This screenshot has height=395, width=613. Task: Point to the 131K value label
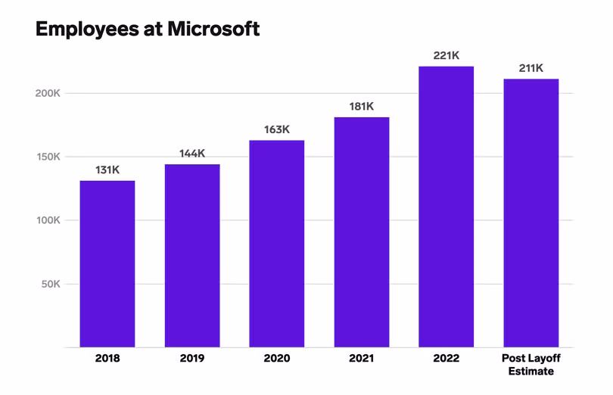pos(107,170)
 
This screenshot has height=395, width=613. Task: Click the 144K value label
pos(192,154)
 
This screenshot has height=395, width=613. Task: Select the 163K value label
pos(277,129)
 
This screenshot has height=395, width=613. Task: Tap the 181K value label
pos(362,107)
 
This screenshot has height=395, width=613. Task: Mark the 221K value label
pos(447,55)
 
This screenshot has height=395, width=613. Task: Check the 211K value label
pos(531,68)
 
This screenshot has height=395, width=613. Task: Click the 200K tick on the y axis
pos(46,93)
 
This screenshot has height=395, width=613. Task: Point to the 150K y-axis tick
pos(46,157)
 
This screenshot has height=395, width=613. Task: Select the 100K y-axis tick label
pos(46,220)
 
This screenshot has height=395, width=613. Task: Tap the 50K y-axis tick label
pos(49,285)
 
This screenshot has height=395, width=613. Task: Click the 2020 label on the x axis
pos(277,359)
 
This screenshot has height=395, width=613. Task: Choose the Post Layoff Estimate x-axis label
pos(531,365)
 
